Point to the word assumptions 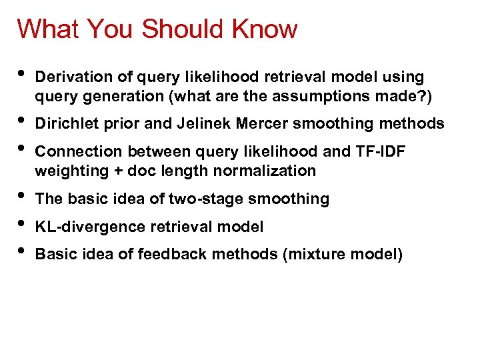pos(334,97)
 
